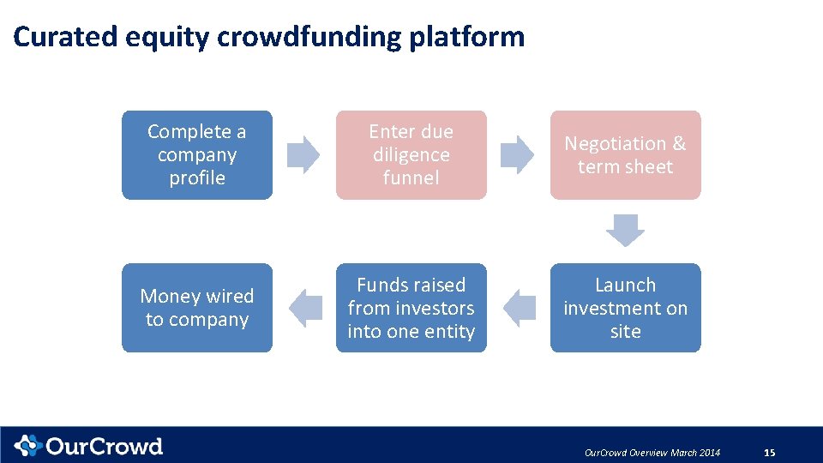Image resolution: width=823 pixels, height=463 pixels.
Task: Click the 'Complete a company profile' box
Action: [x=197, y=155]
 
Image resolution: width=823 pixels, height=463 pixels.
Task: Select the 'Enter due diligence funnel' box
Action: [x=411, y=155]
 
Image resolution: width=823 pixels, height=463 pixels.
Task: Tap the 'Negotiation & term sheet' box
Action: [x=625, y=155]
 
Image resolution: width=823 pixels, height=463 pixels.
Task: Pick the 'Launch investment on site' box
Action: [x=625, y=308]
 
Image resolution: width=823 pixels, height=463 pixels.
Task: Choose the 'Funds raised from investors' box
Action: [x=411, y=308]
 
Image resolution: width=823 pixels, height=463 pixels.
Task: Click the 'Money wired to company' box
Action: [x=197, y=308]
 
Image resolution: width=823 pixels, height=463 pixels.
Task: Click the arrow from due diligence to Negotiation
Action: [x=517, y=154]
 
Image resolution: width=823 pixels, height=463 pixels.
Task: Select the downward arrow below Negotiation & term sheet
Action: [x=625, y=230]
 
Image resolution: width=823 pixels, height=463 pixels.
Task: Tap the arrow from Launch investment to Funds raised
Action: [x=519, y=308]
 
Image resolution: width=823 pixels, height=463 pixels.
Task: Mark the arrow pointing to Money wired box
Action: [x=304, y=308]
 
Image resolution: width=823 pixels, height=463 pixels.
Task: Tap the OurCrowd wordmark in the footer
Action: [x=104, y=446]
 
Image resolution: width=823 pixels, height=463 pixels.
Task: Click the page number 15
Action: [x=769, y=453]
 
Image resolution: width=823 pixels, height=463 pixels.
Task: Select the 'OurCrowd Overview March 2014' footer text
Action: [x=652, y=453]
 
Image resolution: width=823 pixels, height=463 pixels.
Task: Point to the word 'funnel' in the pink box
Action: [x=411, y=178]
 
